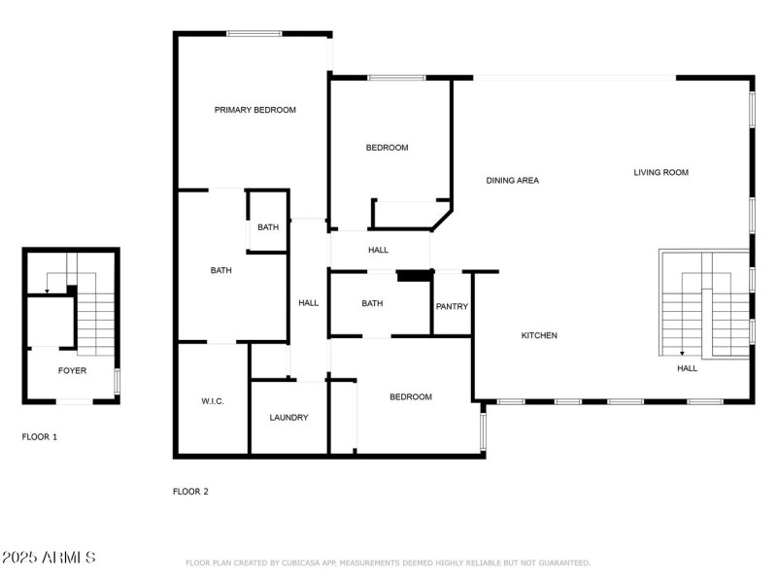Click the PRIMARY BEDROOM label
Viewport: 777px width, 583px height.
coord(254,110)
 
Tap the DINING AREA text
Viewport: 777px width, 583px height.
coord(512,180)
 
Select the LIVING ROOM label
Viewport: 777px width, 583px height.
coord(660,172)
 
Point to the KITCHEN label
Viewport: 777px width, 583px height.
coord(539,335)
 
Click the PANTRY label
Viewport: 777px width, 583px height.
coord(452,307)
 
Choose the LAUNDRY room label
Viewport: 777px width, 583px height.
coord(288,418)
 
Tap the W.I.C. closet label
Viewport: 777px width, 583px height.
coord(213,400)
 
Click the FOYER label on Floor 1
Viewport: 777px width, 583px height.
coord(72,371)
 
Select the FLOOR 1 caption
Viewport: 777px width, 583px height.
coord(40,437)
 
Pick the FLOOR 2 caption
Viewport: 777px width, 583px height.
coord(190,492)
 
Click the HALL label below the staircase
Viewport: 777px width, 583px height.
coord(687,368)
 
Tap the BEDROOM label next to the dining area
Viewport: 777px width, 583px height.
coord(387,148)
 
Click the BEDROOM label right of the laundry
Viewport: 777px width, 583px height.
coord(411,396)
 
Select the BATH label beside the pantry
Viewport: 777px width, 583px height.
coord(372,303)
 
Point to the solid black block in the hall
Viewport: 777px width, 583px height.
coord(414,276)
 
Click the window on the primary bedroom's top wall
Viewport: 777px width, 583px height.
coord(254,34)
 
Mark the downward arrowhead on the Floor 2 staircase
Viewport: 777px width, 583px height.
coord(682,354)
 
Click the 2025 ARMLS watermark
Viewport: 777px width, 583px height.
coord(49,558)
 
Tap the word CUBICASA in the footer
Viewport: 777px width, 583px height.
coord(302,563)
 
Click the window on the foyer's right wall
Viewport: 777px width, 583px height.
coord(117,380)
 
